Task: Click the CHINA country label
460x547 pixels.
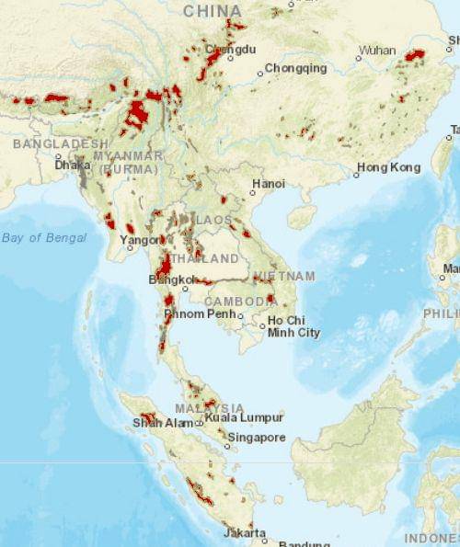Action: point(213,10)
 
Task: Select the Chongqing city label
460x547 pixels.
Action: point(295,68)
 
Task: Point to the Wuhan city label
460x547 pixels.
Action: point(377,50)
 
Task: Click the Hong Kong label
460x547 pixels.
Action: point(389,168)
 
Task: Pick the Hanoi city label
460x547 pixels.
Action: point(269,184)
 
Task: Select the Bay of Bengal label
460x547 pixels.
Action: point(43,238)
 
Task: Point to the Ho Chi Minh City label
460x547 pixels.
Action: point(293,326)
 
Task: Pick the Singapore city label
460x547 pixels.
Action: point(256,438)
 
